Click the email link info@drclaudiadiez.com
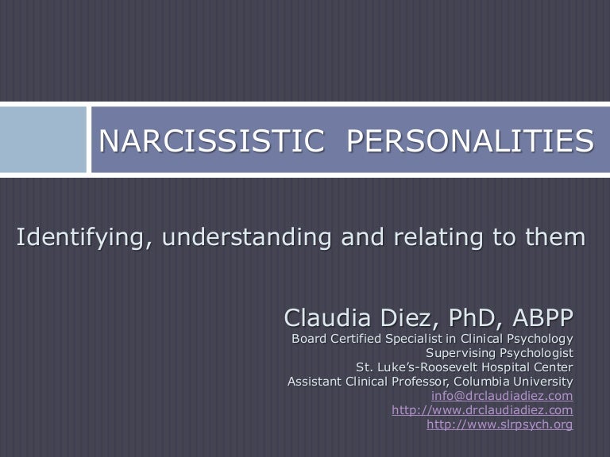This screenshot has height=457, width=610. (x=501, y=396)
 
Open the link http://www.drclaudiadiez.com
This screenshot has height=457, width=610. (x=482, y=410)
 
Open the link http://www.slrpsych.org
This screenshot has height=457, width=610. (x=500, y=424)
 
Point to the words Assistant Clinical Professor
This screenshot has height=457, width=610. (x=361, y=382)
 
